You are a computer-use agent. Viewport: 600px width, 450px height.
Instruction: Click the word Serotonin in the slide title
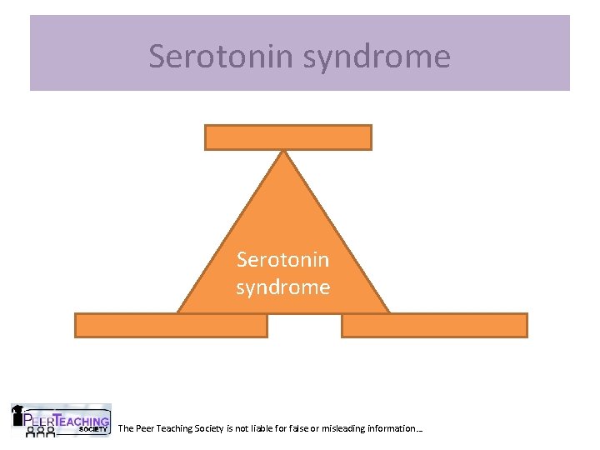pos(218,56)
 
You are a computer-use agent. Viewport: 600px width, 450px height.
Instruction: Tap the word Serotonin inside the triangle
pos(283,260)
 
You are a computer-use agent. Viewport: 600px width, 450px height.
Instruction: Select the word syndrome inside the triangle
pos(283,287)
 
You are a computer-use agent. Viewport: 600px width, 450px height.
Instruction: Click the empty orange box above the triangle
pos(287,137)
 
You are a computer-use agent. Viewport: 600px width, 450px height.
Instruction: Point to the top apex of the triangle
pos(284,152)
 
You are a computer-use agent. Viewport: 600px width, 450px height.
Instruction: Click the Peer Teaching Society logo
pos(60,421)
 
